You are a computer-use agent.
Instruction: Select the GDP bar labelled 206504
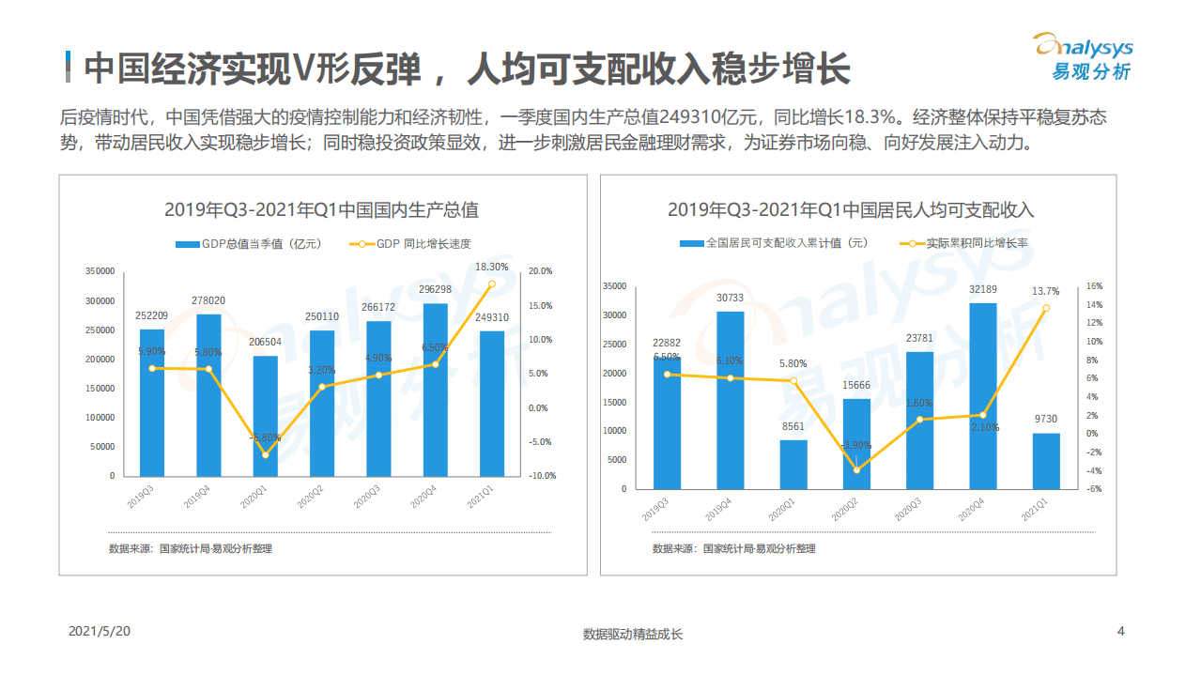[x=265, y=416]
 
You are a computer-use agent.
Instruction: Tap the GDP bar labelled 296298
[x=435, y=390]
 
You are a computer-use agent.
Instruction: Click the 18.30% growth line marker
[x=491, y=284]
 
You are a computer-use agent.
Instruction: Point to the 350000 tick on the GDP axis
[x=100, y=271]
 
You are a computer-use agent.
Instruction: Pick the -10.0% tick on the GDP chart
[x=542, y=476]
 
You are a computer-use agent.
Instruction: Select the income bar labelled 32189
[x=983, y=395]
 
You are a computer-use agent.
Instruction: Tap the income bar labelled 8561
[x=793, y=464]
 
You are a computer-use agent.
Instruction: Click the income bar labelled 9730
[x=1046, y=460]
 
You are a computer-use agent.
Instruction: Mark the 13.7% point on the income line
[x=1046, y=308]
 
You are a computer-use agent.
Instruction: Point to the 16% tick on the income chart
[x=1094, y=286]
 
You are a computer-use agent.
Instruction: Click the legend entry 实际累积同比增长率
[x=963, y=243]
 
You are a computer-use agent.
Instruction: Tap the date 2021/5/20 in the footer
[x=100, y=632]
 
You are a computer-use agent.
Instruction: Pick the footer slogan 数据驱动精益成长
[x=633, y=634]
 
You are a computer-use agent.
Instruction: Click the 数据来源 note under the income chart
[x=733, y=548]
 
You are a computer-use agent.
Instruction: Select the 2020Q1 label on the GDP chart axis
[x=253, y=496]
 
